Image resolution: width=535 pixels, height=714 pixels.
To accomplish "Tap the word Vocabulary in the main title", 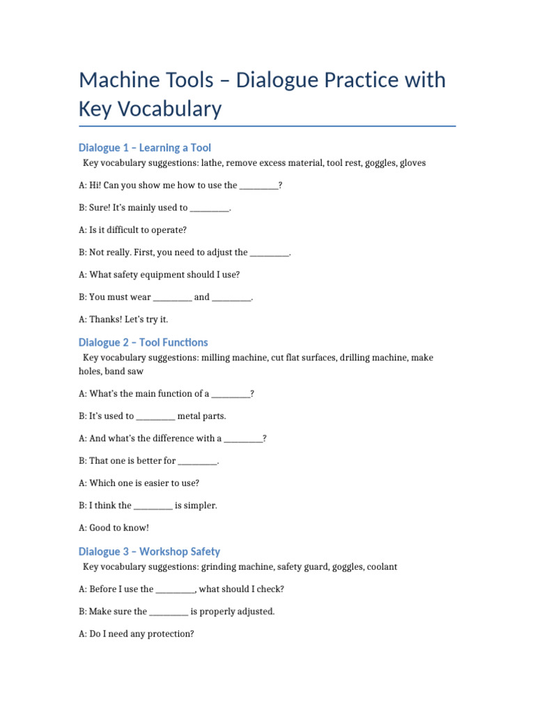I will point(168,109).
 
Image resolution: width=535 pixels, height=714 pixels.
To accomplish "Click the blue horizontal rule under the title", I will point(267,126).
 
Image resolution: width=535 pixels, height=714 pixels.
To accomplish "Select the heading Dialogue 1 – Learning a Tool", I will point(145,148).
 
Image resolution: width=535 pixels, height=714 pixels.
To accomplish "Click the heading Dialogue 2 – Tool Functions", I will point(143,342).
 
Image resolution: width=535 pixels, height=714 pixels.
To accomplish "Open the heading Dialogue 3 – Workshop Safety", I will point(149,552).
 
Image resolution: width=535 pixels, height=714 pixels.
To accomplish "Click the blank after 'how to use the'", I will point(258,186).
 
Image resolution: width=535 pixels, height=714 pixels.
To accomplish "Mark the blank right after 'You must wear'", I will point(172,298).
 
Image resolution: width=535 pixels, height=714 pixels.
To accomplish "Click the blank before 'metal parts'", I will point(155,417).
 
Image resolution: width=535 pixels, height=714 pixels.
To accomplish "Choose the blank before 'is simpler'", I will point(153,506).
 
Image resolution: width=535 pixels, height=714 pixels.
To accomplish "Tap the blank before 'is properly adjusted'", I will point(169,612).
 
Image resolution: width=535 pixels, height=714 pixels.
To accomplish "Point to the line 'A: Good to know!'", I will point(114,528).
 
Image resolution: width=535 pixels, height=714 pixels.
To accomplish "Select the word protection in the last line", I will point(170,635).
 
